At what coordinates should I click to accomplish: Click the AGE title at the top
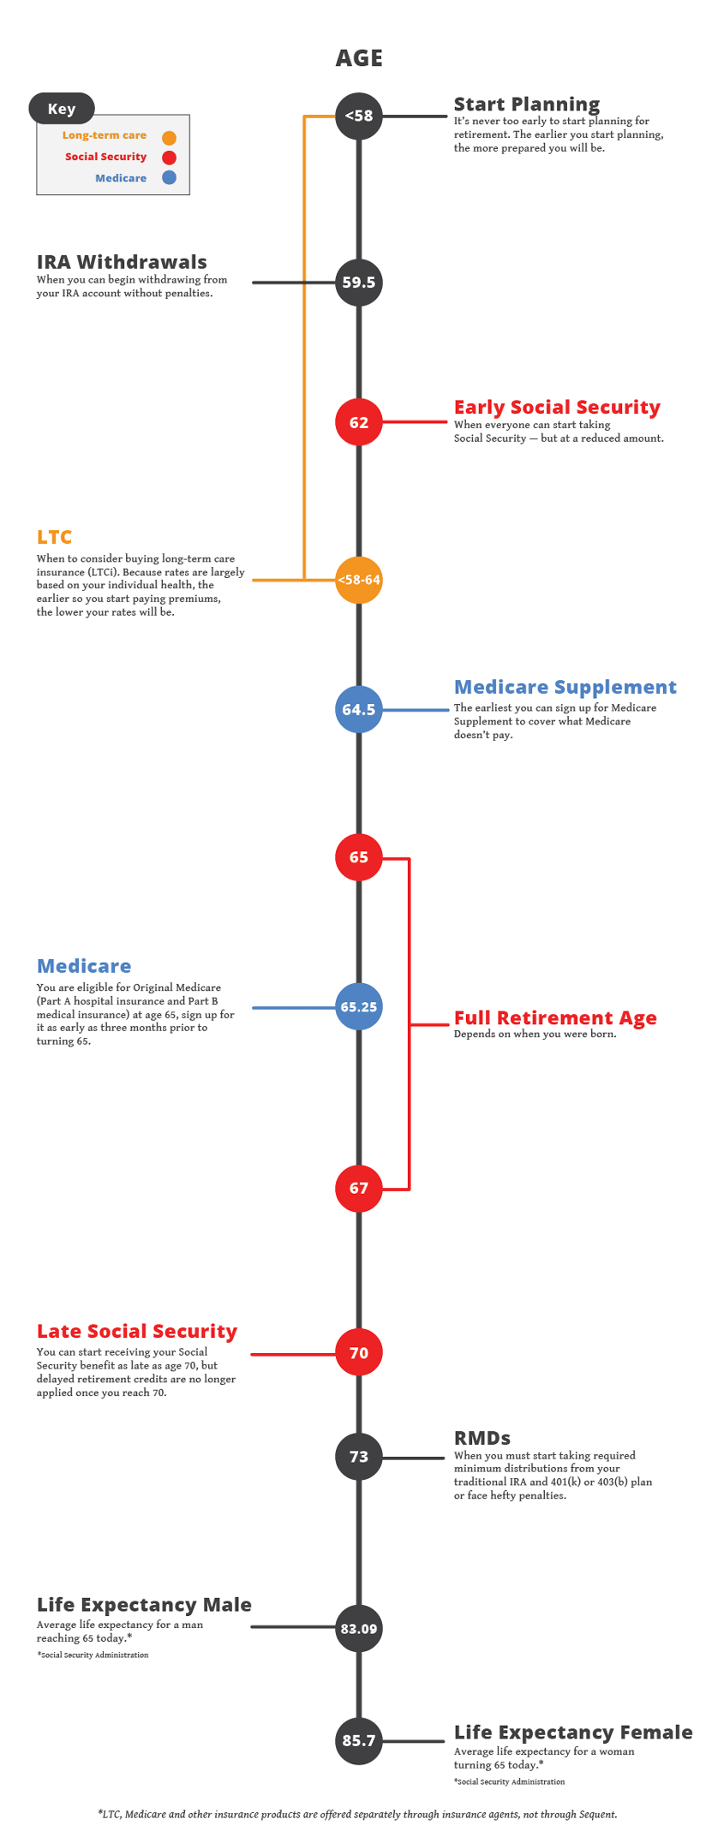pos(359,58)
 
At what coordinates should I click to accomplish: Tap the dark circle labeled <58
pos(359,116)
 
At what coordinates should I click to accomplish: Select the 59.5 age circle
pos(359,283)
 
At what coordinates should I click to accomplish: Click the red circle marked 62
pos(359,422)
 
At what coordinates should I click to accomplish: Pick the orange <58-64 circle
pos(359,580)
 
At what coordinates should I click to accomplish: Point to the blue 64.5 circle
pos(359,709)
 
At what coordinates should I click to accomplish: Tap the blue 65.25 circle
pos(359,1007)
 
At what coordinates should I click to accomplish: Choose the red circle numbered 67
pos(359,1189)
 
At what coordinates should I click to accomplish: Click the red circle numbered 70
pos(359,1353)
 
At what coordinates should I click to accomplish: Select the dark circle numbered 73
pos(359,1457)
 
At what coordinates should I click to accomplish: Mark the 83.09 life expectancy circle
pos(359,1629)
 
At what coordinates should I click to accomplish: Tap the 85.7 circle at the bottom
pos(359,1741)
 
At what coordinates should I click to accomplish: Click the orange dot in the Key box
pos(169,137)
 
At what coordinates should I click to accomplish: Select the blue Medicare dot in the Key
pos(169,178)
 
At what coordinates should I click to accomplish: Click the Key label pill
pos(62,109)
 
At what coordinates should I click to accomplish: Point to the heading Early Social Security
pos(557,408)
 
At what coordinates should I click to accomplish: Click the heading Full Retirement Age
pos(555,1017)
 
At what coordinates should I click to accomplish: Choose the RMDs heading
pos(482,1438)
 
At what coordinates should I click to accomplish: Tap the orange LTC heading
pos(54,537)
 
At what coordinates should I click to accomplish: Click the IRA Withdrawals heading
pos(122,262)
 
